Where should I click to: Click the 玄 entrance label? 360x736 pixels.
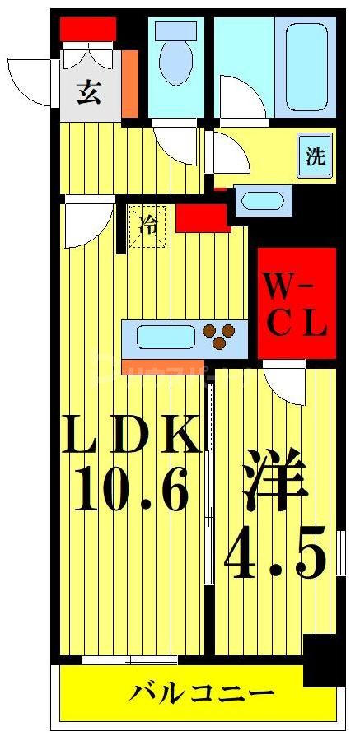tap(88, 92)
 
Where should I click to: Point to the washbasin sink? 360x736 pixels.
tap(263, 200)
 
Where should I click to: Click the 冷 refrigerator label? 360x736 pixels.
tap(148, 223)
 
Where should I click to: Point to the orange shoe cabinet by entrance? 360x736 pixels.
tap(130, 85)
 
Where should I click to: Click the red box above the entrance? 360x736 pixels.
tap(87, 29)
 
